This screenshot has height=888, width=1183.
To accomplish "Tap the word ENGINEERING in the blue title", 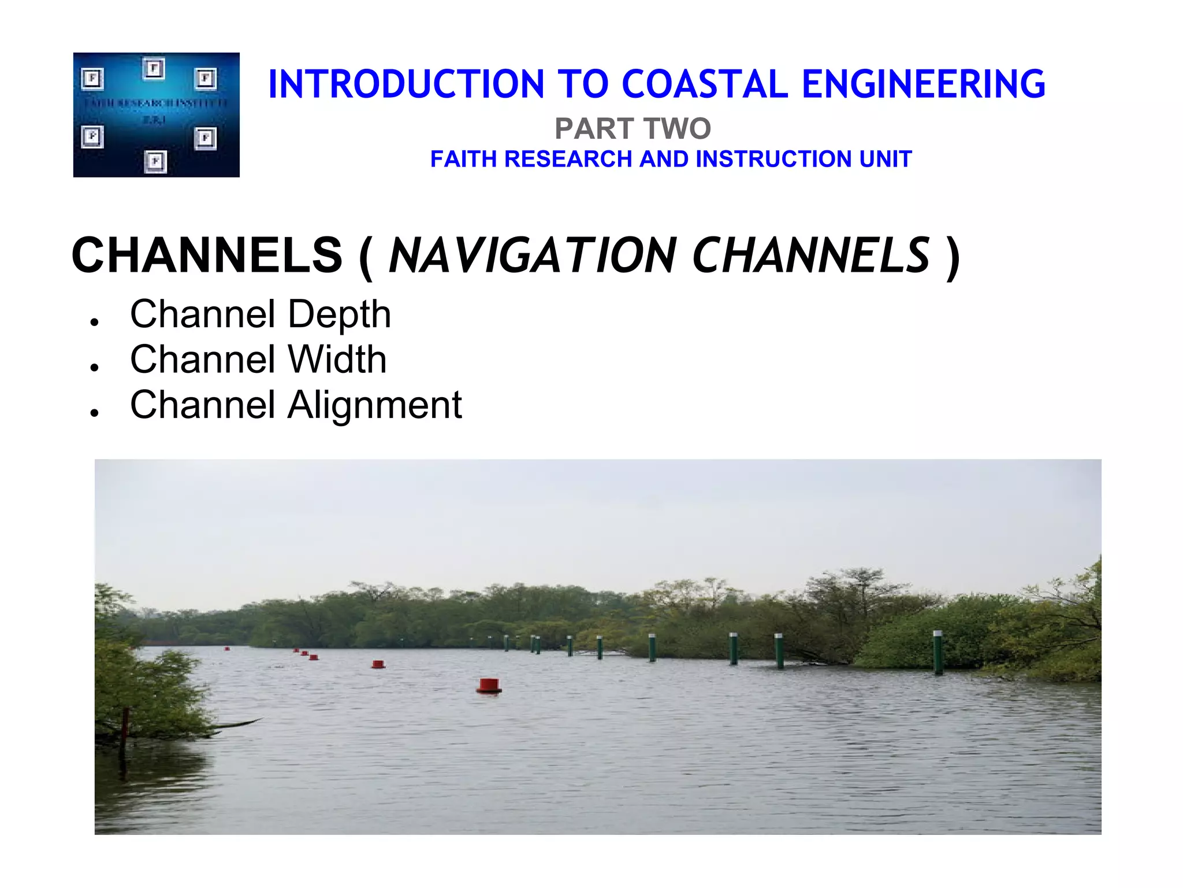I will pos(924,84).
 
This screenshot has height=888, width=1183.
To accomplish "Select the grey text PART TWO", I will pos(633,128).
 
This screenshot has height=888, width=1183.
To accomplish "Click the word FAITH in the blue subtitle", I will pos(464,159).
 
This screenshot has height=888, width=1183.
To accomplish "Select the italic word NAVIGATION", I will pos(532,256).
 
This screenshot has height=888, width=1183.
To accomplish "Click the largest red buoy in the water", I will pos(489,686).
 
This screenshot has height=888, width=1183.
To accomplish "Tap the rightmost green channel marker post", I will pos(938,652).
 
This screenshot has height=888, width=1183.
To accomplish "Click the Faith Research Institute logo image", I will pos(156,114).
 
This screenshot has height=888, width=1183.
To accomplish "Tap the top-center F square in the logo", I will pos(154,68).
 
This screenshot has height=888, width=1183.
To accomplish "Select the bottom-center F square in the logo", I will pos(155,161).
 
